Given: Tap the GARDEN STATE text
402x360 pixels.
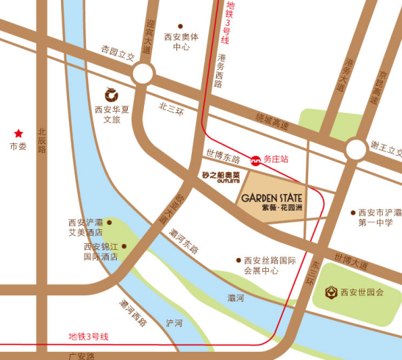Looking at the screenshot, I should tap(271, 196).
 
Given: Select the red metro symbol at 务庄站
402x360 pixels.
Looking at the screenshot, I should tap(256, 158).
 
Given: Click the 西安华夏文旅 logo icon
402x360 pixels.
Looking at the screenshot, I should tap(112, 93).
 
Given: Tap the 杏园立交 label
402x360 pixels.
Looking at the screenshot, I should tap(118, 53).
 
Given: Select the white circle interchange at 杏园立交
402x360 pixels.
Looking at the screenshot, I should tap(143, 73).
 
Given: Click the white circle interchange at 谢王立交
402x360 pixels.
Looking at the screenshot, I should tap(356, 151).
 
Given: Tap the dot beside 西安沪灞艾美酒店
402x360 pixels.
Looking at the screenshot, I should tap(110, 222).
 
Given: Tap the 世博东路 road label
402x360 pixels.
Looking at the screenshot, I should tap(222, 158).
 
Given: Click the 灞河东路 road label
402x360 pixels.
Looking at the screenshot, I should tap(184, 242).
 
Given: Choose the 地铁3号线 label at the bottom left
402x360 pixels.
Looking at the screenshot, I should tap(88, 336).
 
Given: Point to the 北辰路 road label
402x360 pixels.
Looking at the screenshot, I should tap(42, 139).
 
